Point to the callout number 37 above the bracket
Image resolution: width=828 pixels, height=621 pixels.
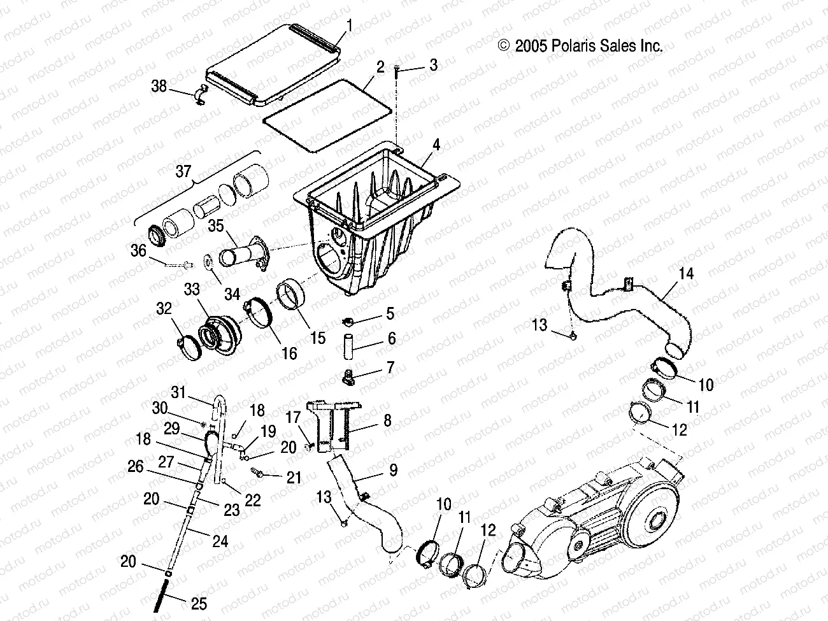(183, 171)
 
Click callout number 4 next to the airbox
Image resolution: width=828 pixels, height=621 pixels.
(436, 145)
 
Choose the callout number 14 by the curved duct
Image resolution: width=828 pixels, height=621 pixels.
(668, 275)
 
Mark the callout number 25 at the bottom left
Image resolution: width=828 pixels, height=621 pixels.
(199, 603)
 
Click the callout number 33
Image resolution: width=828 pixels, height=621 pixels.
(192, 290)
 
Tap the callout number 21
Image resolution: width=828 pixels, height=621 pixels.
(294, 476)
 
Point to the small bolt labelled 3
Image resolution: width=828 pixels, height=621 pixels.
(397, 75)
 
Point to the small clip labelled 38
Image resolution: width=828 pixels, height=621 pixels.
(200, 94)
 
